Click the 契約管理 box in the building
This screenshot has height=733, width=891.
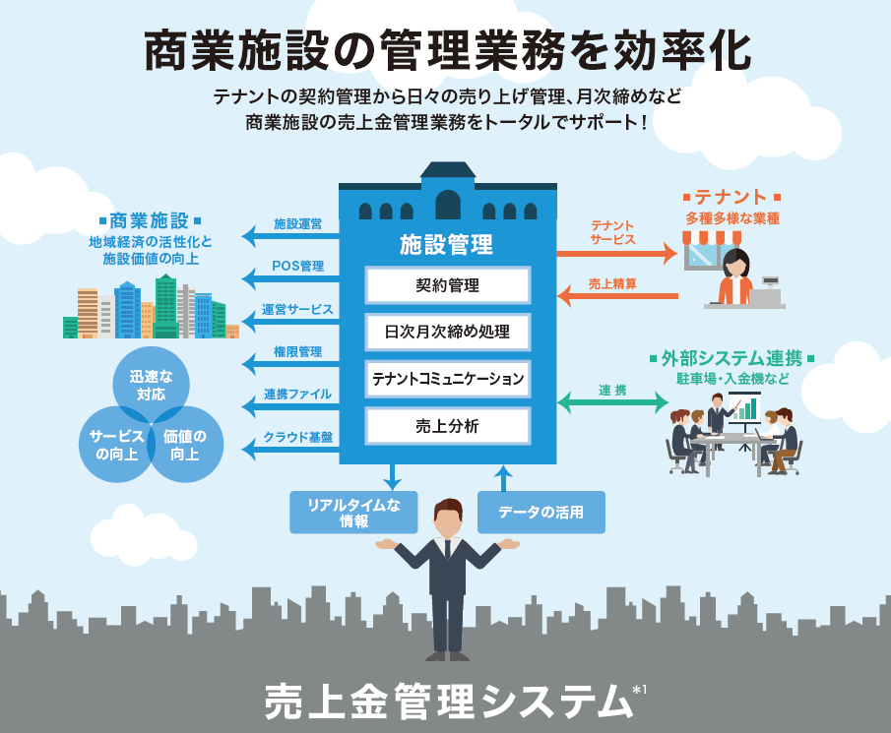click(448, 286)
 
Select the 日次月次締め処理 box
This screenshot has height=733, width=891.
click(448, 332)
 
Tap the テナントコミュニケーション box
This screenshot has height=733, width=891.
click(448, 378)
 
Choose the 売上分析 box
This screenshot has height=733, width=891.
click(448, 425)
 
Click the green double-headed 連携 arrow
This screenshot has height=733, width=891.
click(611, 401)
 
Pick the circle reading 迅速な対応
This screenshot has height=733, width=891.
click(152, 385)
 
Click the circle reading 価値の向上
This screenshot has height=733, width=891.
click(185, 445)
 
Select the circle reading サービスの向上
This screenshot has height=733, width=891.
click(117, 445)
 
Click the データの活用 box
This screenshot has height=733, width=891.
click(541, 513)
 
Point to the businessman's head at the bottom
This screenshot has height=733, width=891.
click(448, 519)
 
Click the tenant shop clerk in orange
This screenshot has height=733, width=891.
click(735, 277)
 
